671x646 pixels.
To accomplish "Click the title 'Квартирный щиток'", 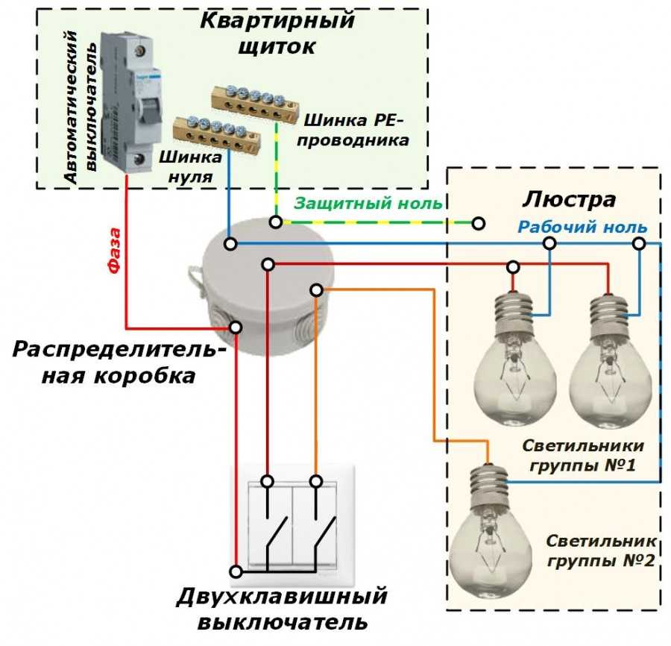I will click(x=277, y=32).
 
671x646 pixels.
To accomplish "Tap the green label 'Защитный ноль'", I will click(x=368, y=204).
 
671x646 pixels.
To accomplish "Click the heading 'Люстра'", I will click(x=569, y=200).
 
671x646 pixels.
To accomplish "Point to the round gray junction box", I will click(x=268, y=283).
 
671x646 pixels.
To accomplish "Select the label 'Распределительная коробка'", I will click(x=119, y=363).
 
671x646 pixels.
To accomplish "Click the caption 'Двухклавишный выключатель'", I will click(x=283, y=608).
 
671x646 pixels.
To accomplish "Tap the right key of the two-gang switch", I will click(x=317, y=522).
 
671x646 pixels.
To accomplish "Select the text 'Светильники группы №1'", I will click(x=582, y=456).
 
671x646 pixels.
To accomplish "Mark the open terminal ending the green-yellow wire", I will click(x=479, y=223).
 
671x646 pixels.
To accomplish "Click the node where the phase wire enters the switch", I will click(x=236, y=571).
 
